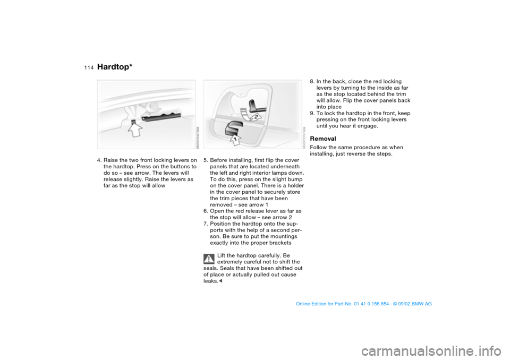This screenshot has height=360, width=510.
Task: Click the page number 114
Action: coord(88,67)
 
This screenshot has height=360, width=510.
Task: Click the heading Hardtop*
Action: coord(115,66)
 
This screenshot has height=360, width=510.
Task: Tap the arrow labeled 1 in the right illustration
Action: coord(232,139)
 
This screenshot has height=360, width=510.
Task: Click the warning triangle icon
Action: coord(208,259)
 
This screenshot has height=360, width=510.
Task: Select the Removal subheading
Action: coord(322,139)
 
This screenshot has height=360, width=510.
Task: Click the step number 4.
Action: coord(99,160)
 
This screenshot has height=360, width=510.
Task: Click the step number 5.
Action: coord(206,160)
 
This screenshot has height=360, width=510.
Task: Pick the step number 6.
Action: coord(206,211)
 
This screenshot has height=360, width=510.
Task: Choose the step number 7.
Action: coord(206,224)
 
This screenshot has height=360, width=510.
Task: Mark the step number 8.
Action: coord(312,82)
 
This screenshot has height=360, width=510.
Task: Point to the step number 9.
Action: coord(312,114)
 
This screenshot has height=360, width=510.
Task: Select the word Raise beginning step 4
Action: coord(112,160)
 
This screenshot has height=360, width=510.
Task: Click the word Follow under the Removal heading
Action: coord(319,148)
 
